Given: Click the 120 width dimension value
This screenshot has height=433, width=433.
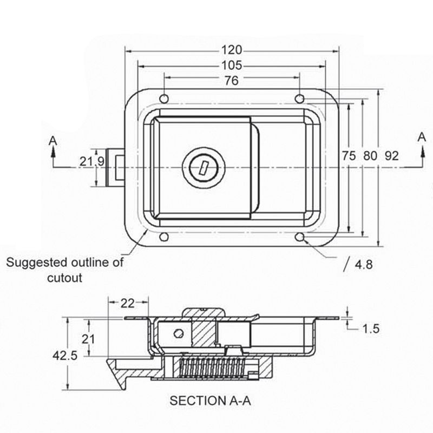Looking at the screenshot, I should (231, 50).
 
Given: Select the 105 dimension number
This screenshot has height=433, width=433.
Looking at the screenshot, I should (231, 66).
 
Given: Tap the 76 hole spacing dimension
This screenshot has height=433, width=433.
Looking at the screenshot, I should (231, 81).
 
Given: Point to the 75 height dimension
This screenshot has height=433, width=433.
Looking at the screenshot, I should (349, 156).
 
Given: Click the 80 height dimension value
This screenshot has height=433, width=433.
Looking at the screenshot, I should (370, 156).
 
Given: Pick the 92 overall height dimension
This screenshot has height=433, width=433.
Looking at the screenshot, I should (391, 156).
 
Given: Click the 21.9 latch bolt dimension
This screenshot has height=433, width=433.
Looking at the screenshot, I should (91, 161).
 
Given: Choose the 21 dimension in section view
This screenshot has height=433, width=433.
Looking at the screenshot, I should (89, 339).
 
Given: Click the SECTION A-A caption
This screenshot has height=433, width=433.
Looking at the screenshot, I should (211, 401).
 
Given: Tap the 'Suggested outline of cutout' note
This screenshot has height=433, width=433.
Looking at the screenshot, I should (64, 270).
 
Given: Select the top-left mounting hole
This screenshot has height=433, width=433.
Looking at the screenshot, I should (165, 98).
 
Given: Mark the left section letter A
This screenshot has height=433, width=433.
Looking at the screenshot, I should (53, 140).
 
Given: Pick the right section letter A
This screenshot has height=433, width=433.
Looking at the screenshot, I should (422, 137).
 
